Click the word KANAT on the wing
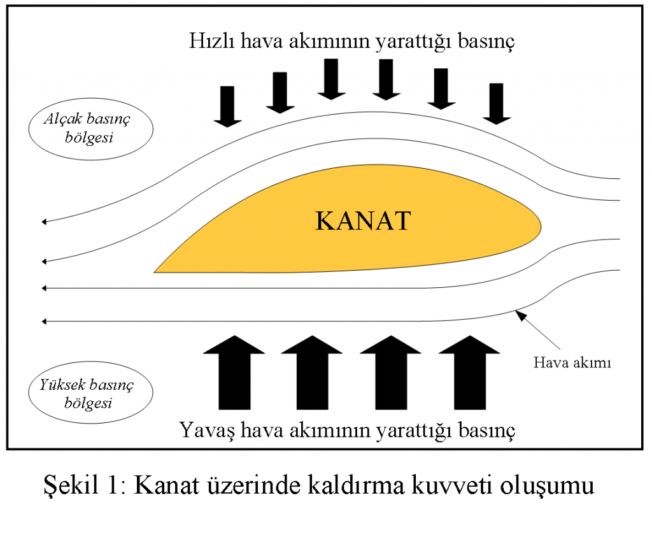point(364,220)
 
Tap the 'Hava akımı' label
point(572,362)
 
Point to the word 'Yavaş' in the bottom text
point(207,430)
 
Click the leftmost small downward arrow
point(227,106)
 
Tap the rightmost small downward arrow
point(497,104)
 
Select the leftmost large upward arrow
point(234,373)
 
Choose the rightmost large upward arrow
point(469,373)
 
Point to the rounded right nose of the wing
point(540,226)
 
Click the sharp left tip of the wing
point(155,272)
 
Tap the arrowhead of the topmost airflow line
point(44,222)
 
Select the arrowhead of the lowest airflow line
point(44,321)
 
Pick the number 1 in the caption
point(113,485)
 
